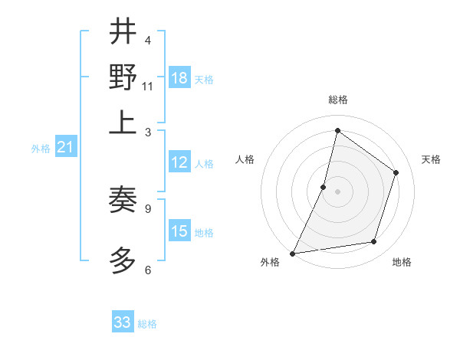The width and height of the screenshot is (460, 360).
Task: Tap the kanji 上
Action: [x=123, y=123]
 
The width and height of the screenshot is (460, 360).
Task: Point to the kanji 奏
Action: [x=123, y=201]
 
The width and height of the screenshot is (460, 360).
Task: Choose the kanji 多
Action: [x=123, y=261]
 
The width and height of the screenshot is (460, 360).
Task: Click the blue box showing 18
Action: [x=179, y=78]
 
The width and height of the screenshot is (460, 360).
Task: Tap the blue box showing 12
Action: [x=179, y=162]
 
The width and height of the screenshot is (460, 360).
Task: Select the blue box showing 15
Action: [x=179, y=231]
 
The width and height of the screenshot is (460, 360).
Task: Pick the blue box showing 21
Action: [x=65, y=148]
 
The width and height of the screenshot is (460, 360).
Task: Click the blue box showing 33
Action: [x=123, y=322]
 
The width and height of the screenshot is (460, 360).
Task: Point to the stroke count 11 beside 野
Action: [x=148, y=86]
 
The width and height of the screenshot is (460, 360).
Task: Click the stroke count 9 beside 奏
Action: [x=148, y=208]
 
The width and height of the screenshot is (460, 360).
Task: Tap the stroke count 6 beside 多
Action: [x=148, y=270]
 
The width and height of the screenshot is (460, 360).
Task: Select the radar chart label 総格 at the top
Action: [x=337, y=100]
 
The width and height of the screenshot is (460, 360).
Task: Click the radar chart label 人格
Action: [x=245, y=159]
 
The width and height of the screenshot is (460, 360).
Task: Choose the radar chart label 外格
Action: [x=270, y=262]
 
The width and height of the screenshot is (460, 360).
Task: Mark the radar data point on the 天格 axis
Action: [x=396, y=172]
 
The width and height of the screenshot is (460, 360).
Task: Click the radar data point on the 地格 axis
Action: [x=374, y=242]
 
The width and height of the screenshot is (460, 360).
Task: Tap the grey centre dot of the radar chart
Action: [x=337, y=191]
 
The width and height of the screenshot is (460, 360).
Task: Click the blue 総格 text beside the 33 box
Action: [x=147, y=324]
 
